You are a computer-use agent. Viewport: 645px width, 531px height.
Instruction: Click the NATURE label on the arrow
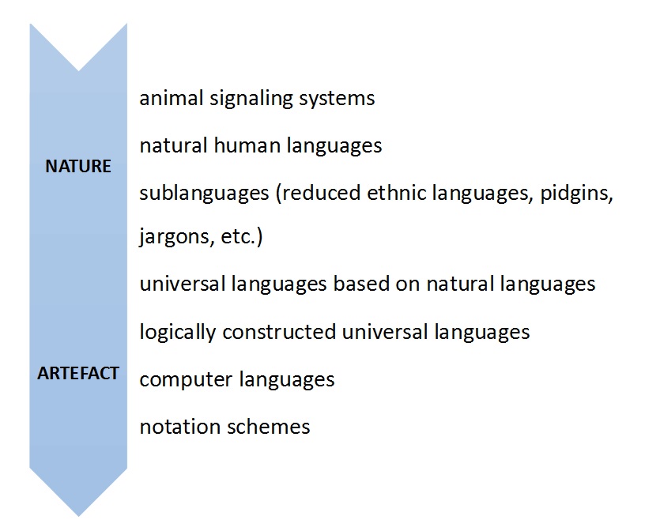point(78,166)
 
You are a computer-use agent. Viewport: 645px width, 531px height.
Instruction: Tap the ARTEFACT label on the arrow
point(78,373)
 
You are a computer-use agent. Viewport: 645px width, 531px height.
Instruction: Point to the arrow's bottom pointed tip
point(78,516)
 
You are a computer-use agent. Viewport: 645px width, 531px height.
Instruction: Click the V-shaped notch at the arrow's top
point(78,71)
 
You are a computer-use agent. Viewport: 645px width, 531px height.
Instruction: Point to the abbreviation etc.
point(239,237)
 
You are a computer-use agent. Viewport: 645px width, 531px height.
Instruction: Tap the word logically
point(178,333)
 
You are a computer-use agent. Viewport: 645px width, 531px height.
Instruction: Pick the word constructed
point(279,332)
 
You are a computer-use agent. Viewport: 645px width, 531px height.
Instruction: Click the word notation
point(180,427)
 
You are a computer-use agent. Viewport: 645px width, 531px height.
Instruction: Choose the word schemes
point(269,427)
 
